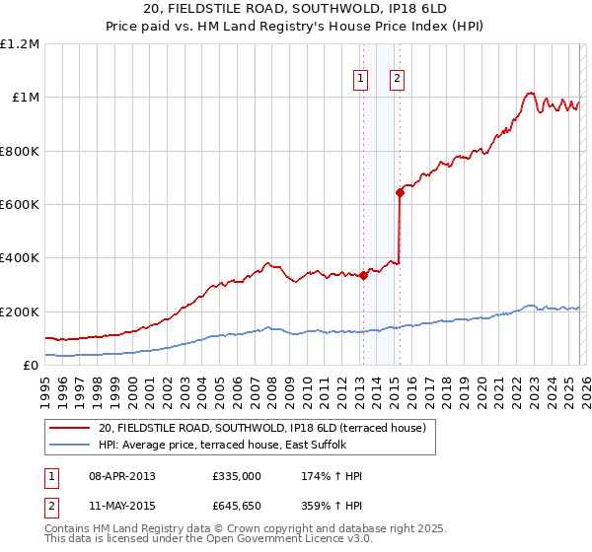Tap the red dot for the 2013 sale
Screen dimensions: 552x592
point(363,276)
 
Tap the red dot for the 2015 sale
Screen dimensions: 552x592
point(400,192)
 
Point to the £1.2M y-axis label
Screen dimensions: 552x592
point(20,44)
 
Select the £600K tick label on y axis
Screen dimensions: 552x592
point(20,205)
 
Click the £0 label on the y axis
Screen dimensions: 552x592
point(30,366)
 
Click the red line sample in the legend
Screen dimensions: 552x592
point(70,428)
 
